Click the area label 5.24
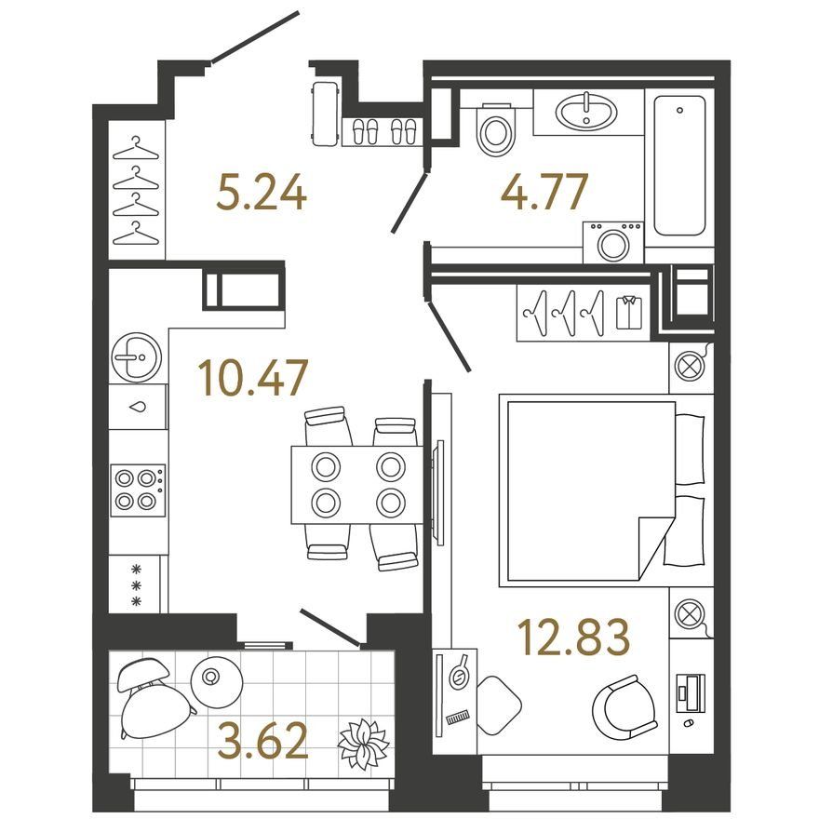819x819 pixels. [x=262, y=192]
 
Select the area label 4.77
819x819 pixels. [x=544, y=191]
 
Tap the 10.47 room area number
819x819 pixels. [x=253, y=377]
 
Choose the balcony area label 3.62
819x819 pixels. [x=262, y=740]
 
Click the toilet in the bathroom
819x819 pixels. [x=496, y=128]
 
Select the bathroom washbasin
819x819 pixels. [x=586, y=113]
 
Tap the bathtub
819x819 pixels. [x=679, y=165]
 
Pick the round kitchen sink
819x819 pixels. [x=136, y=357]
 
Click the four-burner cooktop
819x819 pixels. [x=138, y=490]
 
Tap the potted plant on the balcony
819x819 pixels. [x=363, y=744]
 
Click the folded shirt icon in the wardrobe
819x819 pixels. [x=629, y=312]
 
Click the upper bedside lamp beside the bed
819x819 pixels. [x=689, y=365]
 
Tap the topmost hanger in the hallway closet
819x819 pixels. [x=135, y=148]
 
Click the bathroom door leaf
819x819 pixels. [x=410, y=202]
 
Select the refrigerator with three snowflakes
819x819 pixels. [x=138, y=584]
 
